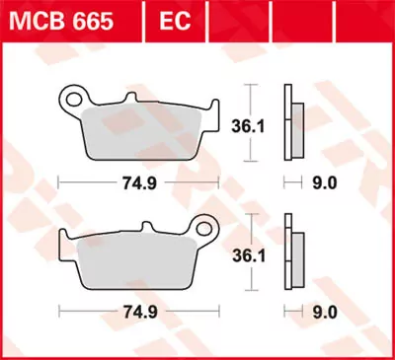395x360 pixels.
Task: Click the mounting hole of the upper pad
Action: (x=73, y=99)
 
